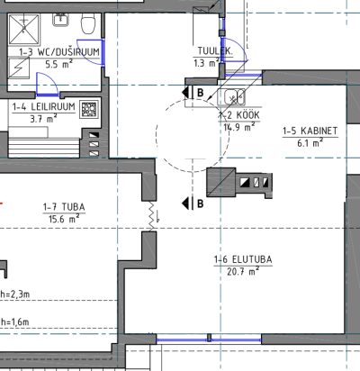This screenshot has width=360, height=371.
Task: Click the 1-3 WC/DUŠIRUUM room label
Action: coord(59,52)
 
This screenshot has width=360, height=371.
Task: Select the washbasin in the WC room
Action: coord(61,20)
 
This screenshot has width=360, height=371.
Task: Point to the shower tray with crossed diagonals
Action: coord(24,30)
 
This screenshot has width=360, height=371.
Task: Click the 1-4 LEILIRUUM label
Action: coord(44,107)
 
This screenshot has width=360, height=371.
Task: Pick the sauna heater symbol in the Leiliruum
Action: coord(89,109)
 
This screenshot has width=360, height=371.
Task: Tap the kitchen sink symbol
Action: coord(235,97)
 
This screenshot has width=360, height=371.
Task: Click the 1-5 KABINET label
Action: coord(310,131)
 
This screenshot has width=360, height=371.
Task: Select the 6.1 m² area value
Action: coord(310,143)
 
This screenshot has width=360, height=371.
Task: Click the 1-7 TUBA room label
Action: coord(64,207)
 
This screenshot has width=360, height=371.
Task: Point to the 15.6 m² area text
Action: coord(64,219)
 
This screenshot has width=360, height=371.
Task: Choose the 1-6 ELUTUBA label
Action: coord(243,259)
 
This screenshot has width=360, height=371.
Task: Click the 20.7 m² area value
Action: coord(243,271)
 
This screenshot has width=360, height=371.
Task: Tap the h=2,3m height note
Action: coord(15,294)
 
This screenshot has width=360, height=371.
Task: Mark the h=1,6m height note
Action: coord(15,322)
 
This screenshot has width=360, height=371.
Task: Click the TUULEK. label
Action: coord(215,51)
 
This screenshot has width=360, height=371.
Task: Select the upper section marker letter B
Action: coord(201,93)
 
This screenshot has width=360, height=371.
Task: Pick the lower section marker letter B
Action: coord(201,204)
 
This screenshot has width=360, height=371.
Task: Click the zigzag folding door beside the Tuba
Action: coord(154,216)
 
